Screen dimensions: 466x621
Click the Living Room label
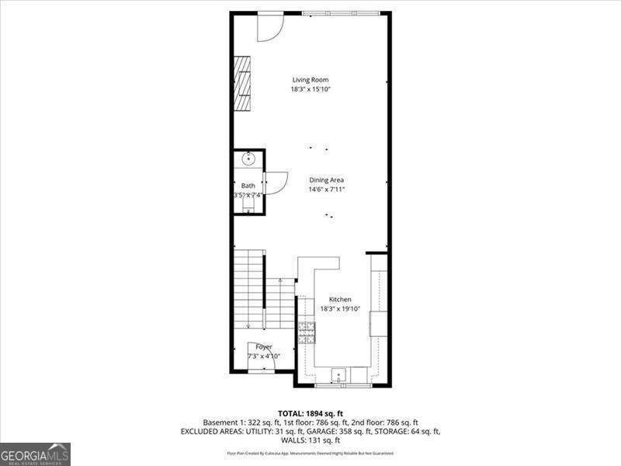(x=310, y=79)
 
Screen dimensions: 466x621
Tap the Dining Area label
(x=326, y=179)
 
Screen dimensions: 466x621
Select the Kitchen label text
(x=340, y=299)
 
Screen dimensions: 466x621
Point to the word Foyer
(x=264, y=346)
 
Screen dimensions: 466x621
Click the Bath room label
(x=248, y=186)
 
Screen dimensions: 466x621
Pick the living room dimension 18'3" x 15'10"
(x=310, y=89)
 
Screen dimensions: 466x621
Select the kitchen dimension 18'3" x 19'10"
(x=340, y=308)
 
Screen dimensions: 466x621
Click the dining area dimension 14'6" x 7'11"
(x=326, y=189)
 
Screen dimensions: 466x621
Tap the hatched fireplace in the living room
(x=244, y=82)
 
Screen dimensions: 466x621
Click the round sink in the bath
(x=248, y=159)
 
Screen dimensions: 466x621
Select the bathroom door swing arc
(x=276, y=183)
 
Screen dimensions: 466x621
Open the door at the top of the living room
(x=270, y=26)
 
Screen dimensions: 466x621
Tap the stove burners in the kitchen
(x=307, y=333)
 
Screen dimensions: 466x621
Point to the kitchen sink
(x=338, y=376)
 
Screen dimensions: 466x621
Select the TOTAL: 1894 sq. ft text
(x=310, y=412)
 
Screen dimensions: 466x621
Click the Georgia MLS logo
(x=35, y=454)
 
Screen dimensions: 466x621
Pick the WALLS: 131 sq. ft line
(x=310, y=440)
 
